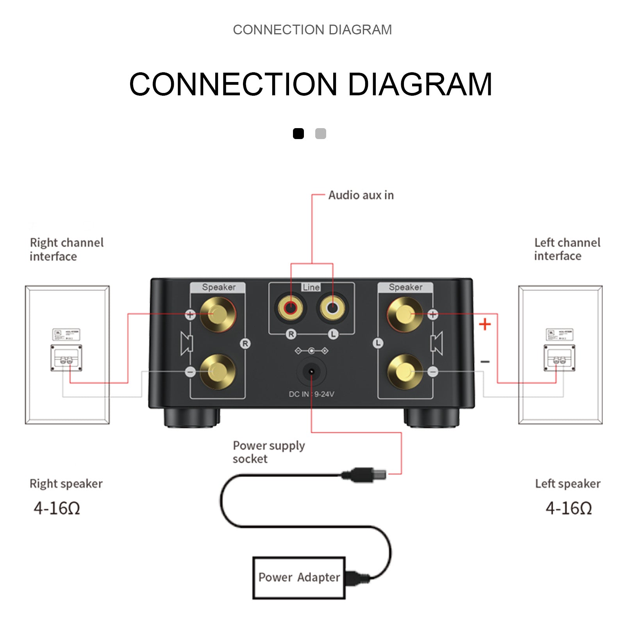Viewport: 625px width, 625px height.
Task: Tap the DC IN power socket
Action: click(311, 371)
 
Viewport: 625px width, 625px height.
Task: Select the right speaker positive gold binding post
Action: click(217, 314)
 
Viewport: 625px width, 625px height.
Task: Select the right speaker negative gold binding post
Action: click(217, 371)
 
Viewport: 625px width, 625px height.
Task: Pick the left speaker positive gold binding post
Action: click(405, 314)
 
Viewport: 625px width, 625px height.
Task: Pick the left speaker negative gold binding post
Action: click(405, 371)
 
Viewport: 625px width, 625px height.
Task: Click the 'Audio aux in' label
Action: click(361, 195)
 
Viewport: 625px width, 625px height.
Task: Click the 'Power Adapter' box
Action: click(299, 578)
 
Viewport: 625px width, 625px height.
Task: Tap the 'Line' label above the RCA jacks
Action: click(311, 287)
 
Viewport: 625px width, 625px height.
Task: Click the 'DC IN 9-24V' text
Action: click(311, 394)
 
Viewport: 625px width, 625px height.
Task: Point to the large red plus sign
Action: click(485, 324)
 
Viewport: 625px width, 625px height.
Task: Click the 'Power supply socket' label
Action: click(268, 452)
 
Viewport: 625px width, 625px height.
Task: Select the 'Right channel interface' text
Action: click(66, 249)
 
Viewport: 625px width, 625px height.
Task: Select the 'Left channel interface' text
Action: click(567, 249)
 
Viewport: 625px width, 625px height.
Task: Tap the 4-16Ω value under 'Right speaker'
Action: click(57, 508)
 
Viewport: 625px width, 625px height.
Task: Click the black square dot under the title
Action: click(298, 134)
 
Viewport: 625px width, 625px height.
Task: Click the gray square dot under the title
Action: click(320, 134)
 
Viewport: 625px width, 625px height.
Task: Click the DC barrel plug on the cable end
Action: click(365, 475)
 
